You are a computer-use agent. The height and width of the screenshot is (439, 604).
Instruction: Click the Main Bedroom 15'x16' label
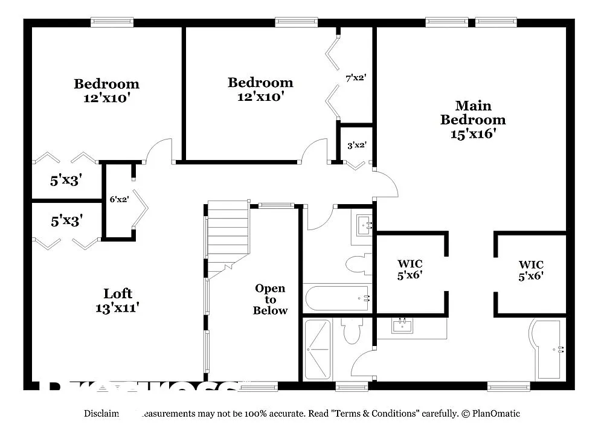pyautogui.click(x=472, y=120)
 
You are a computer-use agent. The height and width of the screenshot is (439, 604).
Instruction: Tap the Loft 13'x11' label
pyautogui.click(x=118, y=300)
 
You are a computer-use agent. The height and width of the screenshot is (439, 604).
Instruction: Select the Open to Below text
pyautogui.click(x=270, y=299)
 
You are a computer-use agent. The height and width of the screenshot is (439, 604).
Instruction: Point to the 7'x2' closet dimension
pyautogui.click(x=356, y=78)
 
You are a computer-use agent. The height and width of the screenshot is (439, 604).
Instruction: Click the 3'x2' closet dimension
pyautogui.click(x=356, y=145)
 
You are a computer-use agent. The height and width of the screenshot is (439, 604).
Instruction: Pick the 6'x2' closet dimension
pyautogui.click(x=118, y=199)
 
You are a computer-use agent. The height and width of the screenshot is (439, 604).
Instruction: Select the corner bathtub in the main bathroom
pyautogui.click(x=547, y=348)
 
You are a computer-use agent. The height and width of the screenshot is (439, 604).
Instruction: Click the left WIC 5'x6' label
pyautogui.click(x=410, y=269)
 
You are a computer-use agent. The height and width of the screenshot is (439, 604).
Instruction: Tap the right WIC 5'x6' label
pyautogui.click(x=530, y=270)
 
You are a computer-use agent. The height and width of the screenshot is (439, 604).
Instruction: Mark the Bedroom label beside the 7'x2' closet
pyautogui.click(x=260, y=89)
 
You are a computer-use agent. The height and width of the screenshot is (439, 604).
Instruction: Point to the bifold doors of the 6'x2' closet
pyautogui.click(x=140, y=208)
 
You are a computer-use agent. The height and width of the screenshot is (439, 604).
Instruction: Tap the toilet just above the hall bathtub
pyautogui.click(x=359, y=264)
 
